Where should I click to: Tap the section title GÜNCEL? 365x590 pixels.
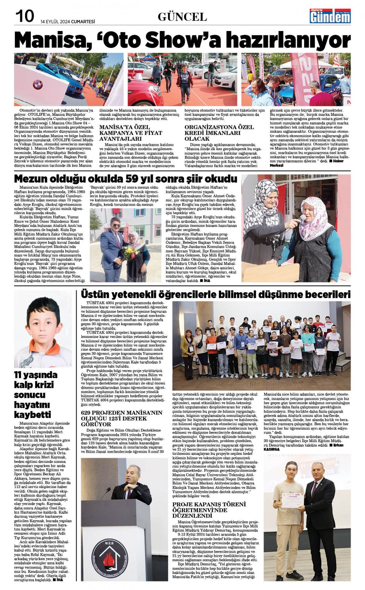[182, 17]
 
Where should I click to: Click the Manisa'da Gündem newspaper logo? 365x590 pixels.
[330, 16]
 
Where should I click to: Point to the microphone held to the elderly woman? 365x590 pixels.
[302, 218]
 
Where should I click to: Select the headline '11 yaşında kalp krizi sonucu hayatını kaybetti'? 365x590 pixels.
[36, 395]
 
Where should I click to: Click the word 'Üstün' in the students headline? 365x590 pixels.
[95, 294]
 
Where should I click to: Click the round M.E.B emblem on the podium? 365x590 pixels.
[109, 556]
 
